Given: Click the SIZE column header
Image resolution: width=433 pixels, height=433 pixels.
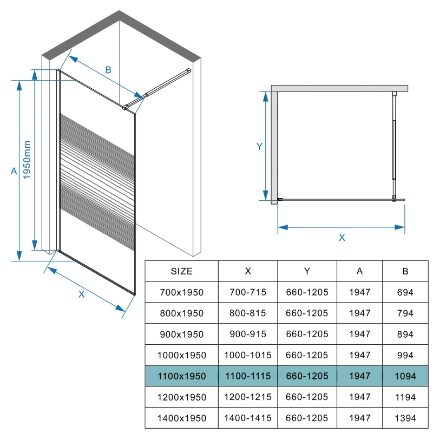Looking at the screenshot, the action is (x=181, y=271).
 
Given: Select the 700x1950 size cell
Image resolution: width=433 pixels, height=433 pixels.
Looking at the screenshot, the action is (x=181, y=292).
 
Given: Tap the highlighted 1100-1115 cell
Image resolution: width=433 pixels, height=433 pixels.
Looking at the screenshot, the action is (x=248, y=376).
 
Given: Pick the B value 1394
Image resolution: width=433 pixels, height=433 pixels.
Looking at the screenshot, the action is (x=405, y=418).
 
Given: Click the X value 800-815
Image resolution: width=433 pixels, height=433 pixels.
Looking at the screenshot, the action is (x=248, y=313).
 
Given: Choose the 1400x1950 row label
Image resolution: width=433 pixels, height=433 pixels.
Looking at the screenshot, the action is (x=181, y=418).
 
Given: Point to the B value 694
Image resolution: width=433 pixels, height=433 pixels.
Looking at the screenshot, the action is (x=405, y=292).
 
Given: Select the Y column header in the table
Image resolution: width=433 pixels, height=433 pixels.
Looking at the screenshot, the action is (x=307, y=271).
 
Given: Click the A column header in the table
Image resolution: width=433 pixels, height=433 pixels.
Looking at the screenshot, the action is (x=359, y=271).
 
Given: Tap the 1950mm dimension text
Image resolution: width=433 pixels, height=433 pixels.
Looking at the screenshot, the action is (x=27, y=160).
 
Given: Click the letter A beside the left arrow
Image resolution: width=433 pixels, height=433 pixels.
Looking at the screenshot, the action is (x=14, y=171).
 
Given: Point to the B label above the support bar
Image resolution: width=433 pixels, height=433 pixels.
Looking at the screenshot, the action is (x=108, y=70).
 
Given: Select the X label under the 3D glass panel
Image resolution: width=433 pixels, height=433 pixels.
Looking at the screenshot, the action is (x=81, y=294).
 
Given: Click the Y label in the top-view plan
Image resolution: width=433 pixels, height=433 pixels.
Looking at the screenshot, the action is (x=259, y=146).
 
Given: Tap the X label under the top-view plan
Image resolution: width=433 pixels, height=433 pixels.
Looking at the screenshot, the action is (x=342, y=238).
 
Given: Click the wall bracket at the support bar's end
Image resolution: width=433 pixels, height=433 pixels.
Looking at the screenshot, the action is (x=188, y=71).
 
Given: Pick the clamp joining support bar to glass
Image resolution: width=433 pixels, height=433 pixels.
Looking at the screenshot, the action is (x=125, y=107).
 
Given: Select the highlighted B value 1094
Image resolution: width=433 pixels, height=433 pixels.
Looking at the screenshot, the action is (x=405, y=376).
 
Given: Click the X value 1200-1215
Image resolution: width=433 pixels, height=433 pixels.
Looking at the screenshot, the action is (x=248, y=397).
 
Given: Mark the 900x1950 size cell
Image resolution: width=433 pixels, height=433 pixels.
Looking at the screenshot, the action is (x=181, y=334).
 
